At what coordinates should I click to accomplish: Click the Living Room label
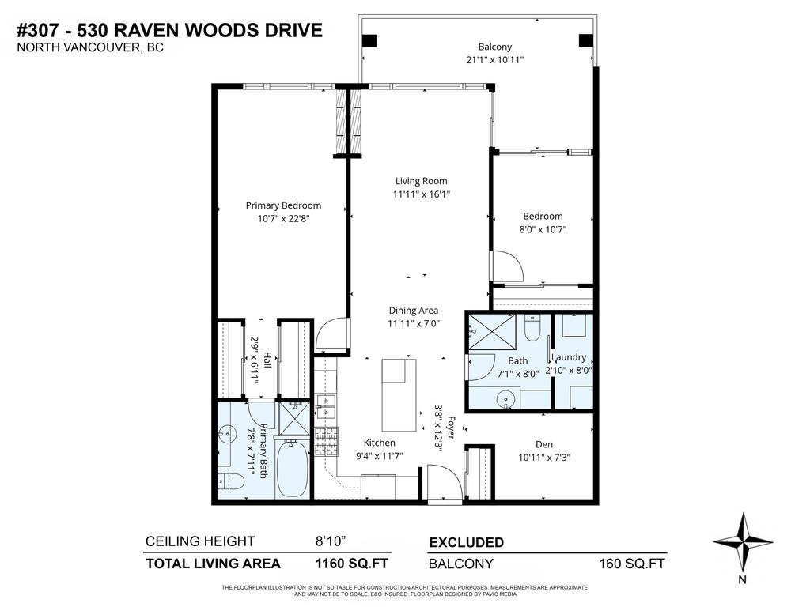coord(421,181)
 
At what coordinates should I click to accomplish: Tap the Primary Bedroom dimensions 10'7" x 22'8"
coord(283,219)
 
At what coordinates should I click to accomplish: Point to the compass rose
coord(743,542)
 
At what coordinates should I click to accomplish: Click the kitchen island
coord(399,392)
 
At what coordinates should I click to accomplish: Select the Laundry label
coord(569,357)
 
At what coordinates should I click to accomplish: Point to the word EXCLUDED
coord(466,543)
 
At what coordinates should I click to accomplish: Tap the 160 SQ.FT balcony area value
coord(633,564)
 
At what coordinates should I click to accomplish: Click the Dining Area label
coord(413,311)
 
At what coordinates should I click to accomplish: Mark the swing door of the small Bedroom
coord(506,266)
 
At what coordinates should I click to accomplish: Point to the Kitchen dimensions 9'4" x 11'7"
coord(379,456)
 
